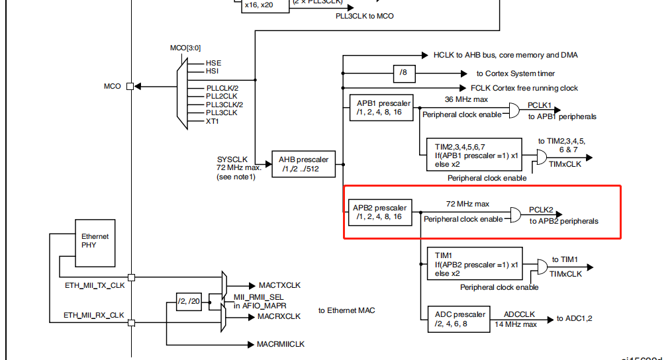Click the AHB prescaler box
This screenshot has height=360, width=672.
[x=305, y=164]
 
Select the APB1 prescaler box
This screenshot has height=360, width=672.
[x=383, y=107]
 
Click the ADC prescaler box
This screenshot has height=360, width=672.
[x=459, y=319]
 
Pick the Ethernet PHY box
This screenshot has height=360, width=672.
[x=95, y=241]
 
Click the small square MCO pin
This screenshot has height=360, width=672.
[x=130, y=86]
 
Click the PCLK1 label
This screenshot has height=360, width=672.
[x=540, y=105]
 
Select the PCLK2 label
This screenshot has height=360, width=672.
[x=541, y=210]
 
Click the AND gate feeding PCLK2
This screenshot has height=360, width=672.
[x=514, y=214]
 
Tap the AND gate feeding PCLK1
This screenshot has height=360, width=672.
[x=513, y=110]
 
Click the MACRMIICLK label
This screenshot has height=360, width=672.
[x=281, y=344]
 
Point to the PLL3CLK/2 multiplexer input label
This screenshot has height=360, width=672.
[x=224, y=105]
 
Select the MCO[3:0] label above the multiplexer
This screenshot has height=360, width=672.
[x=185, y=49]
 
